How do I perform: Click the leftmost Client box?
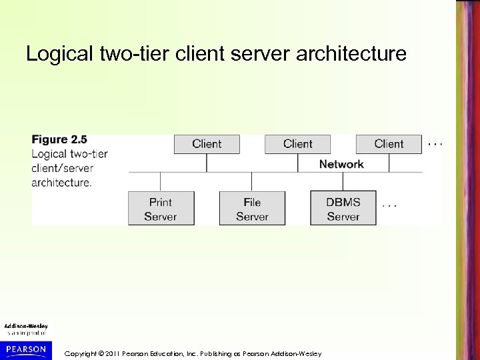click(x=207, y=144)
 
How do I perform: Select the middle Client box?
click(x=297, y=144)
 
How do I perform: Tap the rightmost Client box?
click(x=389, y=144)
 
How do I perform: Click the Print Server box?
click(x=161, y=209)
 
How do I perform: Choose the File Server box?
click(x=252, y=209)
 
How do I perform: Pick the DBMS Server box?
click(x=343, y=209)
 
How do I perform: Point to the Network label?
click(x=341, y=164)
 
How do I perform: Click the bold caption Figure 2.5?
click(x=59, y=140)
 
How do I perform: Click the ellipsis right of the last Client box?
click(x=434, y=142)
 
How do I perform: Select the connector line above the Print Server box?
click(x=161, y=182)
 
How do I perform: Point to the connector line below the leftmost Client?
click(x=207, y=163)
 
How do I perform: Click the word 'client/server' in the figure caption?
click(x=63, y=168)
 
